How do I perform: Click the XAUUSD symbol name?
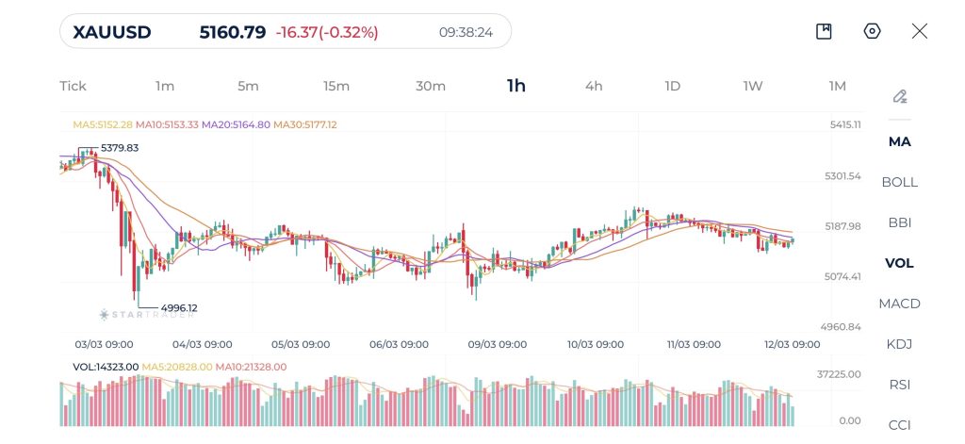[x=111, y=32]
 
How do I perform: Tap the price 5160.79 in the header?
[x=233, y=32]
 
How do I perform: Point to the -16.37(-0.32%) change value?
[x=327, y=32]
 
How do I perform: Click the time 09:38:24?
[x=466, y=32]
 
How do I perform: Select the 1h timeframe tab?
[x=516, y=86]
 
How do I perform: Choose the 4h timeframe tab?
[x=594, y=86]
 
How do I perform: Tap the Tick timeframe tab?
[x=73, y=86]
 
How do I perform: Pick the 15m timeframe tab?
[x=336, y=86]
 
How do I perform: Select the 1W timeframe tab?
[x=752, y=86]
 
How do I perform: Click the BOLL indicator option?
[x=899, y=182]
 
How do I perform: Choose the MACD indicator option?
[x=899, y=304]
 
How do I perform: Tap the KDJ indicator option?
[x=899, y=344]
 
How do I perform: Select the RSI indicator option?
[x=899, y=385]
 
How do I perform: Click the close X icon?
[x=920, y=31]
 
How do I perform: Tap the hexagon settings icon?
[x=872, y=31]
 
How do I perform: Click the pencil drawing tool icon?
[x=899, y=96]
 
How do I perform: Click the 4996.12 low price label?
[x=179, y=308]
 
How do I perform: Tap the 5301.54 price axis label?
[x=842, y=176]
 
